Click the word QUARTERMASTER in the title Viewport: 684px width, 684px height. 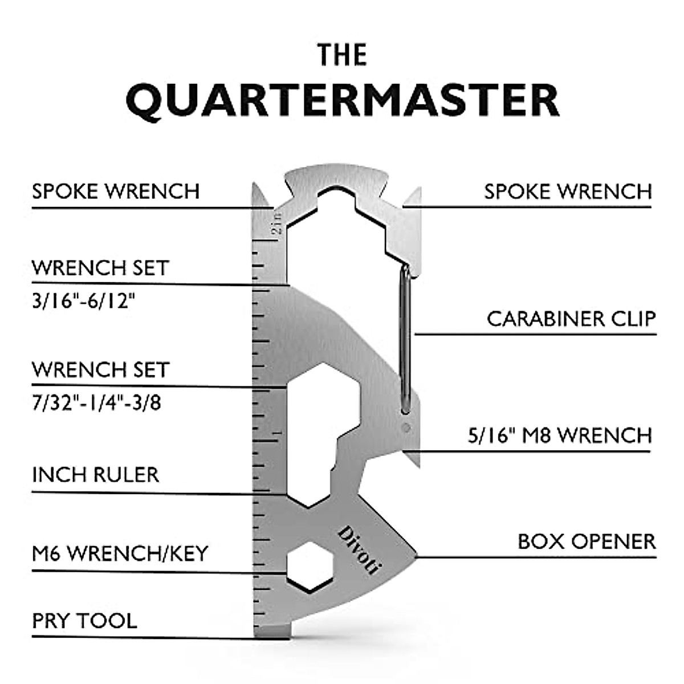click(342, 101)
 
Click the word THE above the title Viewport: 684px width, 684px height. click(342, 55)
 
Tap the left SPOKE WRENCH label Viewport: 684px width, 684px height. click(116, 192)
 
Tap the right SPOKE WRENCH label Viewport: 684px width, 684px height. click(568, 192)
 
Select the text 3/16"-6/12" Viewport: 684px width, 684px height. click(84, 300)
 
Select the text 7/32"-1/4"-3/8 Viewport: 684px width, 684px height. click(96, 403)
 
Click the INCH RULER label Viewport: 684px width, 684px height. click(95, 475)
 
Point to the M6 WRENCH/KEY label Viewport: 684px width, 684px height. click(120, 553)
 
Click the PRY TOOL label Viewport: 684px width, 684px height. click(84, 621)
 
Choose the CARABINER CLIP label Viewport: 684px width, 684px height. click(571, 319)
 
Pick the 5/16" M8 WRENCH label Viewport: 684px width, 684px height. click(560, 436)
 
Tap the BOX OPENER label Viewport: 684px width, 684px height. click(587, 541)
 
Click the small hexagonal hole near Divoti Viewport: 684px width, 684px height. click(309, 566)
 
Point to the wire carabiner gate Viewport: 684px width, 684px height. click(405, 339)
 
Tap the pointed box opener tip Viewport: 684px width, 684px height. click(414, 555)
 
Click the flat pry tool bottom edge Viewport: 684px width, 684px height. click(272, 634)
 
